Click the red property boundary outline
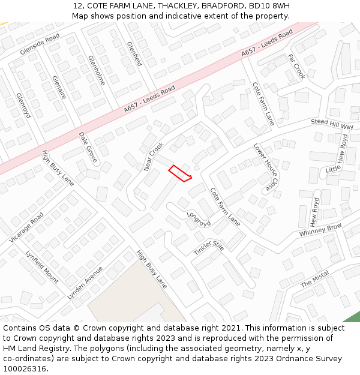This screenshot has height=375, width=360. click(179, 173)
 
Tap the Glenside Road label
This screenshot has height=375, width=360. click(40, 44)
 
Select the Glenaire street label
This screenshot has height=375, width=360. click(58, 88)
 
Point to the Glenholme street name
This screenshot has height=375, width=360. click(96, 70)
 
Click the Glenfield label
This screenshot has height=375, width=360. click(134, 53)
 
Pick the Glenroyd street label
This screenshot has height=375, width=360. click(23, 105)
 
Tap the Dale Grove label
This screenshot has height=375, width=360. click(88, 148)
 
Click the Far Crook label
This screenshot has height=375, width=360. click(296, 66)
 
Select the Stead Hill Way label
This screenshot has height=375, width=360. click(332, 124)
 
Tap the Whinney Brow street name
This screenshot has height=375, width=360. click(320, 229)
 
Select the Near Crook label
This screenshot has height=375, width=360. click(154, 156)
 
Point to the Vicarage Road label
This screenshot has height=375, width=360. click(26, 228)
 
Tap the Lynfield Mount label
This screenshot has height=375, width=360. click(42, 266)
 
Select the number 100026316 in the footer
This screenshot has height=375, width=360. click(25, 369)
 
